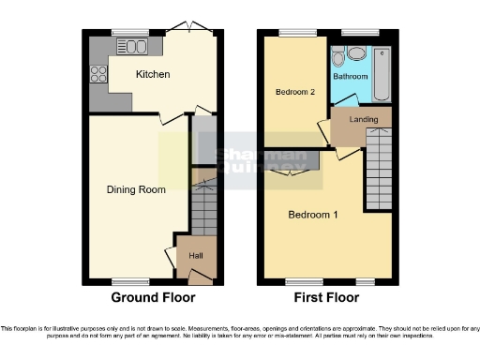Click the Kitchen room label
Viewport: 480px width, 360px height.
152,74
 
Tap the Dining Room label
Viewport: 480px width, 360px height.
135,189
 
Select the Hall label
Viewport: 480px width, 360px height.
196,255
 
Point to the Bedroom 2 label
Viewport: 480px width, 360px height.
294,92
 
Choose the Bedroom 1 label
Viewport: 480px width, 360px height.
313,214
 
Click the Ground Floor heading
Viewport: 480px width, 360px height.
154,298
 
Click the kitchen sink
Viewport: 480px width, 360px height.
132,47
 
